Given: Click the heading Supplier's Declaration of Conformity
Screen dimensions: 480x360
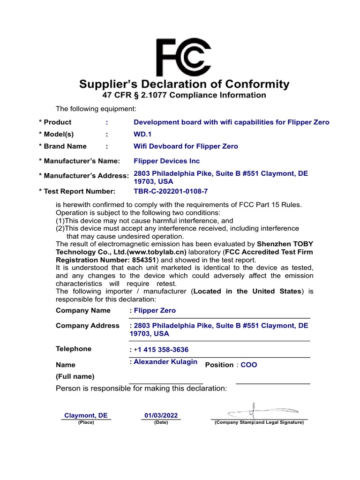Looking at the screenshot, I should (x=184, y=84).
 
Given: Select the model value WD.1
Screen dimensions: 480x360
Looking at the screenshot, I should (x=143, y=134).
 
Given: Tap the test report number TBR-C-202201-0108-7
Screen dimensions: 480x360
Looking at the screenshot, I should (x=171, y=191).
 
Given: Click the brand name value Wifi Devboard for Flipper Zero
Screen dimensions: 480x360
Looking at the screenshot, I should (x=186, y=146).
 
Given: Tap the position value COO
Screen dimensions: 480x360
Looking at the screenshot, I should (x=249, y=365).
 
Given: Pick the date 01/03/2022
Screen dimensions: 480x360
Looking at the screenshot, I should (x=161, y=415).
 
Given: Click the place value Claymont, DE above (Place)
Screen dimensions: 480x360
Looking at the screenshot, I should (x=86, y=415).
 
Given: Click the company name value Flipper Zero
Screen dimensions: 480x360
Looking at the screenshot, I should (x=155, y=310).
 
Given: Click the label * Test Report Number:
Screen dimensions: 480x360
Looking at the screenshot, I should (x=77, y=191).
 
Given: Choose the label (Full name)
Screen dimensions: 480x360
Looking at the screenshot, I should (x=75, y=376).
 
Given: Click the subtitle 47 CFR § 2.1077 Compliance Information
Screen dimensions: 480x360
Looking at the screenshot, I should (x=184, y=96).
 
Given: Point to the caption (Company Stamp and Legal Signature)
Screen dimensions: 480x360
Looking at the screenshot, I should (x=259, y=422).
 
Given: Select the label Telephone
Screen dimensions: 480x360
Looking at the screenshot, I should (x=74, y=349).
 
